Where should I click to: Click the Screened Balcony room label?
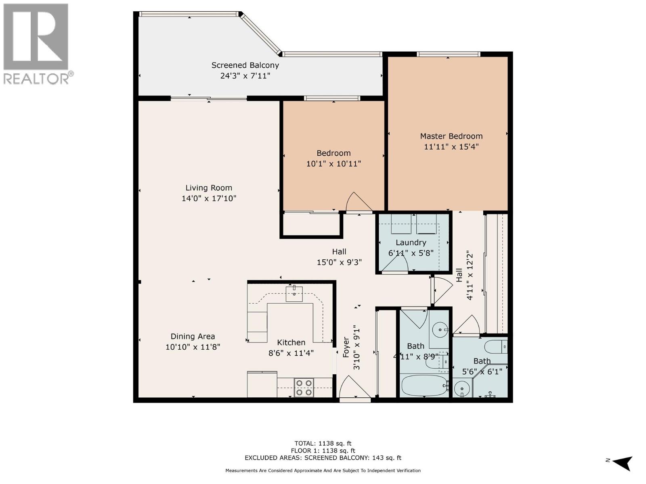coord(245,65)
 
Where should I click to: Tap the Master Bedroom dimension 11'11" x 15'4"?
coord(451,147)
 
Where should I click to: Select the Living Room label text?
coord(209,188)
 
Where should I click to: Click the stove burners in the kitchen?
coord(304,387)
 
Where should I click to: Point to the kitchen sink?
coord(294,294)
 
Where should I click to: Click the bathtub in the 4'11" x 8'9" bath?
coord(424,386)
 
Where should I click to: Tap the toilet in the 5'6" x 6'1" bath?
coord(496,346)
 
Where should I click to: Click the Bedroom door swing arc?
coord(358,202)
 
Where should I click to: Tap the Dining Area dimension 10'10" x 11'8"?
coord(193,347)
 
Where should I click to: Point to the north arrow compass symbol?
coord(622,463)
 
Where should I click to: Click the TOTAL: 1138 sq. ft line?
coord(323,443)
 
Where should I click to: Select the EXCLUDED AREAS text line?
coord(323,458)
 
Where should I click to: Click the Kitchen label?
coord(291,342)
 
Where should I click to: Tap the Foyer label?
coord(346,347)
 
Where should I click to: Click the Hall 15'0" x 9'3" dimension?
coord(339,262)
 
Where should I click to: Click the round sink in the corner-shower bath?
coord(461,389)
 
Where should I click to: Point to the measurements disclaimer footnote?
coord(323,471)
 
